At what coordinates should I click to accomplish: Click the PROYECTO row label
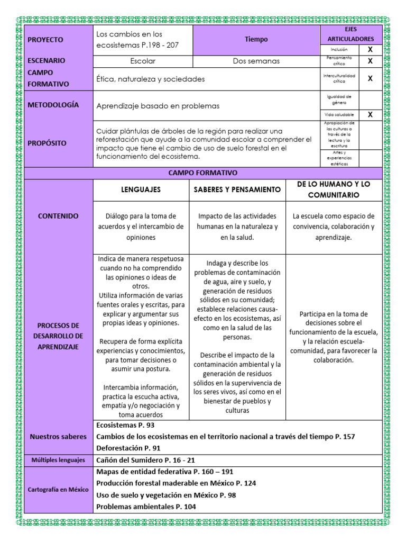click(x=45, y=40)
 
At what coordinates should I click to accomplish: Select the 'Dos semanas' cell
click(x=256, y=61)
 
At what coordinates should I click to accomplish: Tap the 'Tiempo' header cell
click(x=256, y=39)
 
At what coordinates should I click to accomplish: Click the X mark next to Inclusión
click(x=370, y=49)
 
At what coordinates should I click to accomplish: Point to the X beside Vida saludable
click(x=370, y=114)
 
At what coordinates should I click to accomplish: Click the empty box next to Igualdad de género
click(x=370, y=100)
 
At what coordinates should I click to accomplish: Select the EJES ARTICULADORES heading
click(x=350, y=34)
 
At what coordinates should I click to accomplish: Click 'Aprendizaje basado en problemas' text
click(x=158, y=106)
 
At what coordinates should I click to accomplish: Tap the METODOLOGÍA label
click(x=53, y=105)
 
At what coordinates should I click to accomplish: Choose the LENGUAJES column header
click(x=141, y=189)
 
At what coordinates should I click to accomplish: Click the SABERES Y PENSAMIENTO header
click(x=237, y=189)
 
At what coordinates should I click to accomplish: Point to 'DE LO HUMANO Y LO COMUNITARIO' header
click(x=334, y=189)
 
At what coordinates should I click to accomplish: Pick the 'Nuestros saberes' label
click(x=58, y=437)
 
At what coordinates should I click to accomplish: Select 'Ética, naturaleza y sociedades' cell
click(x=150, y=79)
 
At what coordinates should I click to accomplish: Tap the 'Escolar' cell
click(x=143, y=61)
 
